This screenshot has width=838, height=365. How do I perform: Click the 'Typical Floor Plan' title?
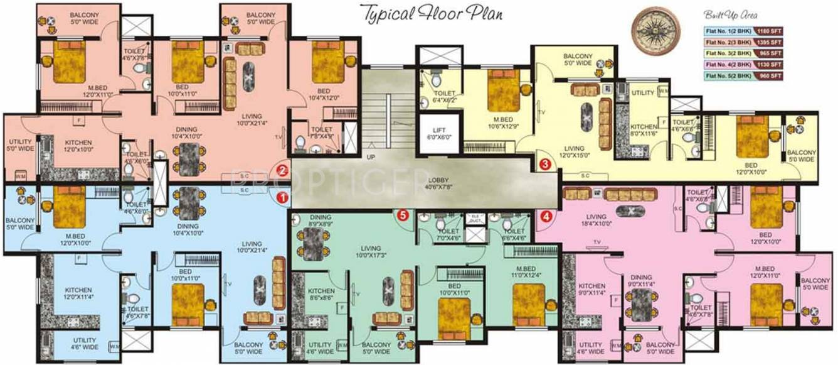pos(432,13)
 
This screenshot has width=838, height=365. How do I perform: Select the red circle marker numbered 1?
pos(283,197)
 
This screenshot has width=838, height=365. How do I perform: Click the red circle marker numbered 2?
pos(283,170)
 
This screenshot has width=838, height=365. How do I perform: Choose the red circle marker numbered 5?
pos(403,215)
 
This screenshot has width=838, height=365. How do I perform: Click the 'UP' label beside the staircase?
pos(371,156)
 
